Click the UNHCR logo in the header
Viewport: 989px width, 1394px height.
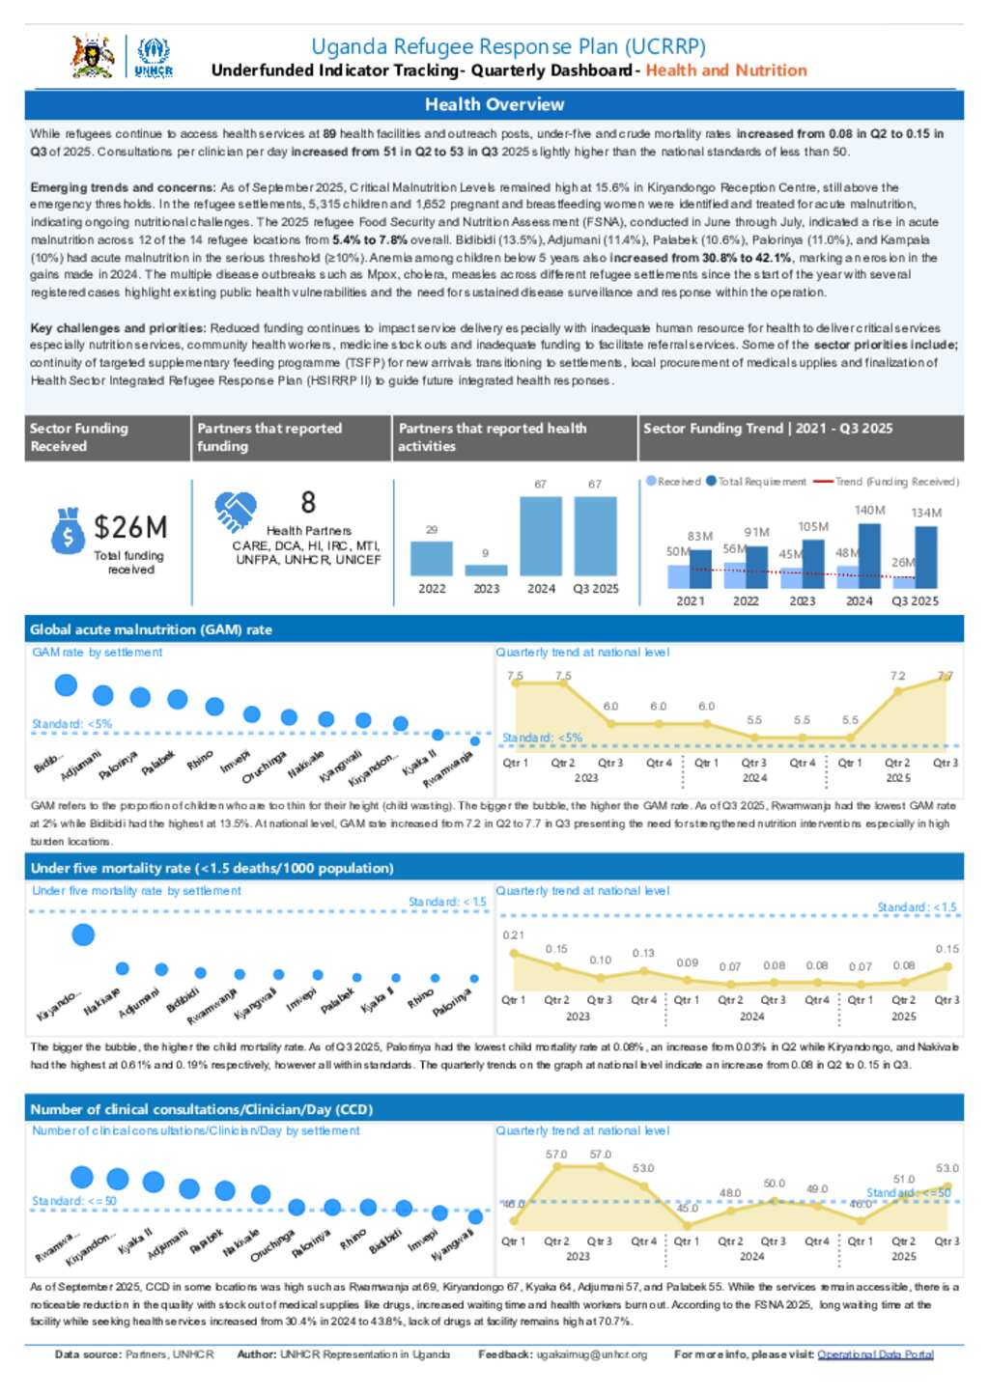tap(154, 57)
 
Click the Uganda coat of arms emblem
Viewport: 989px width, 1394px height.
tap(93, 56)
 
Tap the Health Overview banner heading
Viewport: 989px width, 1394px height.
tap(494, 104)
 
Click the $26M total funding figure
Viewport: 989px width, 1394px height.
tap(130, 527)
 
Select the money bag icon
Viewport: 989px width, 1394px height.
tap(68, 530)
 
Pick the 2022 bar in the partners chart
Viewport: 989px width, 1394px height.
tap(432, 558)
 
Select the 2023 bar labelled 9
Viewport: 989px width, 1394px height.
tap(486, 570)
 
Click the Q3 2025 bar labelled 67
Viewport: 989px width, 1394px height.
tap(595, 536)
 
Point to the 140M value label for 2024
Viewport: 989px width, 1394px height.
tap(869, 510)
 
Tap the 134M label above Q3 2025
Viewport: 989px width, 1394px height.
tap(926, 513)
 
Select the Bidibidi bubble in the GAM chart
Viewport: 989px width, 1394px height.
tap(66, 685)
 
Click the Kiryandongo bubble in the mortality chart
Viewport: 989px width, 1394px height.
tap(84, 934)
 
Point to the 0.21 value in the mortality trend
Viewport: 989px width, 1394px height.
tap(513, 935)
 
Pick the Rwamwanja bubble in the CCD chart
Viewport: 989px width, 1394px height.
tap(82, 1176)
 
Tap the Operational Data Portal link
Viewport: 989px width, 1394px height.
tap(875, 1354)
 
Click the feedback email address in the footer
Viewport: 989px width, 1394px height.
tap(591, 1354)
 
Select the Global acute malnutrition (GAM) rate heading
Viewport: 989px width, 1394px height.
tap(151, 629)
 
